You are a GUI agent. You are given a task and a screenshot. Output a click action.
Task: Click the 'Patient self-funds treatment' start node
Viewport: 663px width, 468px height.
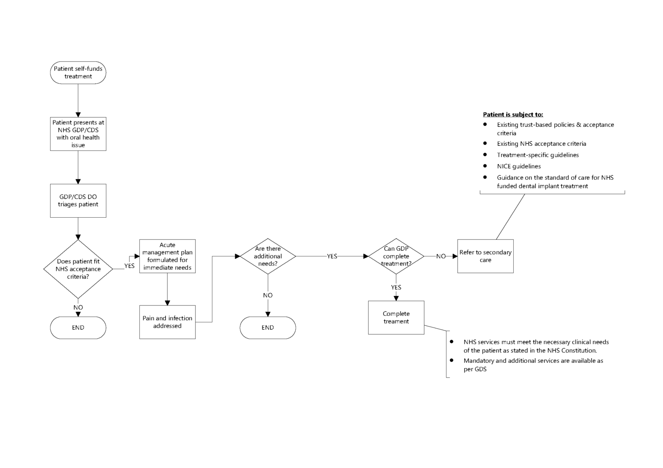click(x=78, y=72)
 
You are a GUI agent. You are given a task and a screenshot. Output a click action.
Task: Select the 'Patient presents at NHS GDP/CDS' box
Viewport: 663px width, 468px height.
click(x=78, y=134)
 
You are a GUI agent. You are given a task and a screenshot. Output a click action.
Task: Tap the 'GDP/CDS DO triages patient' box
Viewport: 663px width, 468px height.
click(x=78, y=200)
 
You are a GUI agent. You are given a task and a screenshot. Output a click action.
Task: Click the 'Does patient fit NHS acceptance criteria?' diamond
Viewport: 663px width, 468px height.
click(x=78, y=269)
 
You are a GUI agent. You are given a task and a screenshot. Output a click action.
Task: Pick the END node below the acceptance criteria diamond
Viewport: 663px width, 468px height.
click(x=78, y=328)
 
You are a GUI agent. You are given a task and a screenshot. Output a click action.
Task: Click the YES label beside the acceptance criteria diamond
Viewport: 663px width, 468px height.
click(x=129, y=266)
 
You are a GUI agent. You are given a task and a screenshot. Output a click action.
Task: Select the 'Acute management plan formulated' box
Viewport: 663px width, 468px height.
click(x=167, y=256)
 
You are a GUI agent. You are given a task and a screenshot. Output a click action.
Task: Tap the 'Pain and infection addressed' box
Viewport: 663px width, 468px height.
click(x=167, y=322)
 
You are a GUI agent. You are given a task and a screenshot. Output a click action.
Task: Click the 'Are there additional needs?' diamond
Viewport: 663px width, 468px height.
click(x=268, y=256)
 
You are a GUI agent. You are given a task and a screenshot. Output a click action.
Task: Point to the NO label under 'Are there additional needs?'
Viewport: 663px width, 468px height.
click(x=268, y=295)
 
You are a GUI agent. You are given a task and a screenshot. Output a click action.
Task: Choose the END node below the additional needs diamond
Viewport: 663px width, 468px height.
click(x=268, y=328)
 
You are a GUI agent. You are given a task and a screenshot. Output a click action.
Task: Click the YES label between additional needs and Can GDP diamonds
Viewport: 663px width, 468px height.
click(x=332, y=256)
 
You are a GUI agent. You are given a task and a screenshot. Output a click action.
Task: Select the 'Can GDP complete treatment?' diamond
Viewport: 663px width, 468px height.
click(x=396, y=256)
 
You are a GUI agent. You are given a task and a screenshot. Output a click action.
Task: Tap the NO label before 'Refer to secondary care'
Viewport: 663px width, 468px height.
click(x=441, y=256)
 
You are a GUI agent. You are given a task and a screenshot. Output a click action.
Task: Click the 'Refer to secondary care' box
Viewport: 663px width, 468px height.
click(x=486, y=256)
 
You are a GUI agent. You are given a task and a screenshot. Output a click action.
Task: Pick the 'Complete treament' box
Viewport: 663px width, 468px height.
click(x=396, y=318)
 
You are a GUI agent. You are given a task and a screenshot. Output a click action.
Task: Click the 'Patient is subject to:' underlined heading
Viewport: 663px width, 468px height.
click(x=513, y=115)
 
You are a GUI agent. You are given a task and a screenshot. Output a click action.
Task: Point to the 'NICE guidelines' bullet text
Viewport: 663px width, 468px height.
click(x=519, y=166)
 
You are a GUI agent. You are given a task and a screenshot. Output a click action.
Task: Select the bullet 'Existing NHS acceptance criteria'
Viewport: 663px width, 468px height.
click(x=541, y=144)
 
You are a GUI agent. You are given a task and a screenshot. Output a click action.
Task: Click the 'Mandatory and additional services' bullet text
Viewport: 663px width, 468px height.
click(x=533, y=365)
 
